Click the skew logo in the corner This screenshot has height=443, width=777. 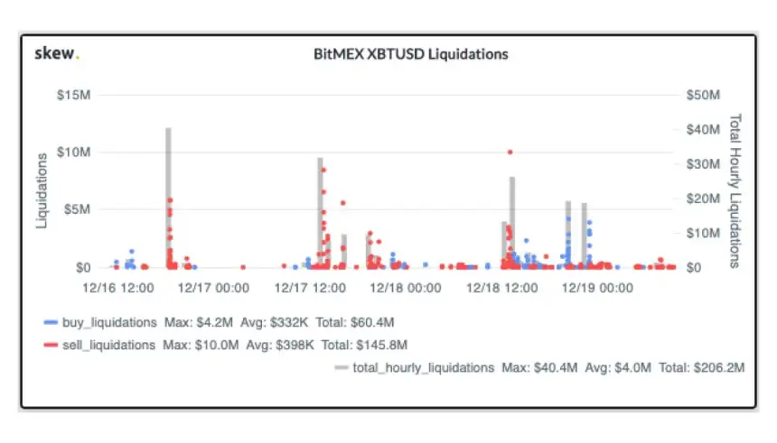(x=56, y=53)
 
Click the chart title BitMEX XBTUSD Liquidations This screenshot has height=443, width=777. (x=410, y=54)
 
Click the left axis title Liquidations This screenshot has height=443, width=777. (x=42, y=189)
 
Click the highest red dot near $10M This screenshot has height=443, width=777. (x=510, y=152)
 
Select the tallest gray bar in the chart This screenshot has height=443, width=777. (x=168, y=198)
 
